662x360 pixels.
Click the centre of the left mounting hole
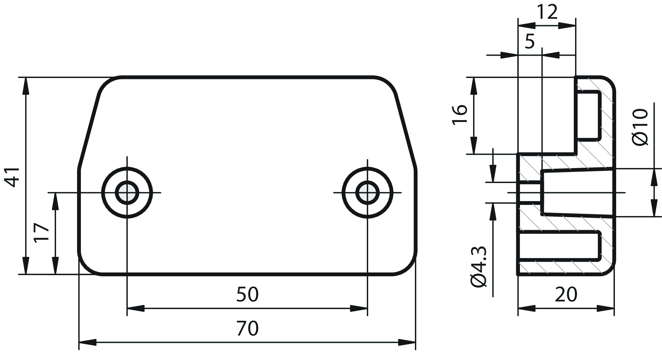pyautogui.click(x=127, y=193)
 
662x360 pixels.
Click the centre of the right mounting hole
pyautogui.click(x=367, y=193)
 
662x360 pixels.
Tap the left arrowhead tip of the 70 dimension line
pyautogui.click(x=79, y=342)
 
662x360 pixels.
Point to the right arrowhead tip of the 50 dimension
pyautogui.click(x=367, y=308)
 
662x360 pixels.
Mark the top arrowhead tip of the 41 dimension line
pyautogui.click(x=26, y=77)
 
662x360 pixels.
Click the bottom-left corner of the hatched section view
pyautogui.click(x=518, y=275)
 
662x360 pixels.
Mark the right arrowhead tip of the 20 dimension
pyautogui.click(x=614, y=308)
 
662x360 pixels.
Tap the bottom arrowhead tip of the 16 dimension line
pyautogui.click(x=474, y=154)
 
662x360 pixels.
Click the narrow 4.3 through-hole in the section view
pyautogui.click(x=530, y=193)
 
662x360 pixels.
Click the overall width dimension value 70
pyautogui.click(x=247, y=328)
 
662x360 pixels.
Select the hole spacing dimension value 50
pyautogui.click(x=247, y=294)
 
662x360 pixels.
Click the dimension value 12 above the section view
pyautogui.click(x=547, y=12)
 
